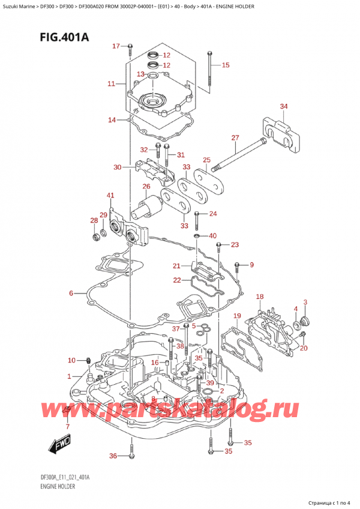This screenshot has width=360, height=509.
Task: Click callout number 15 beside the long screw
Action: [x=225, y=65]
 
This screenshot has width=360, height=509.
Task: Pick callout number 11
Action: [x=110, y=84]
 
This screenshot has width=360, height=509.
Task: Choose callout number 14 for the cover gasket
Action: [x=112, y=120]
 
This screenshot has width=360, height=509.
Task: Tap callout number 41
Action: [x=110, y=196]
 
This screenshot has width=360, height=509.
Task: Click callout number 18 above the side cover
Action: [x=260, y=297]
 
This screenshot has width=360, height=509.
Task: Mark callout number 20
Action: [x=304, y=348]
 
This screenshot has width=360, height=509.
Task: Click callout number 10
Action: [x=71, y=360]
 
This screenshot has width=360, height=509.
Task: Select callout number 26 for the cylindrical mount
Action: [x=146, y=186]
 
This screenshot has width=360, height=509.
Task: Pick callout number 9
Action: [x=252, y=265]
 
